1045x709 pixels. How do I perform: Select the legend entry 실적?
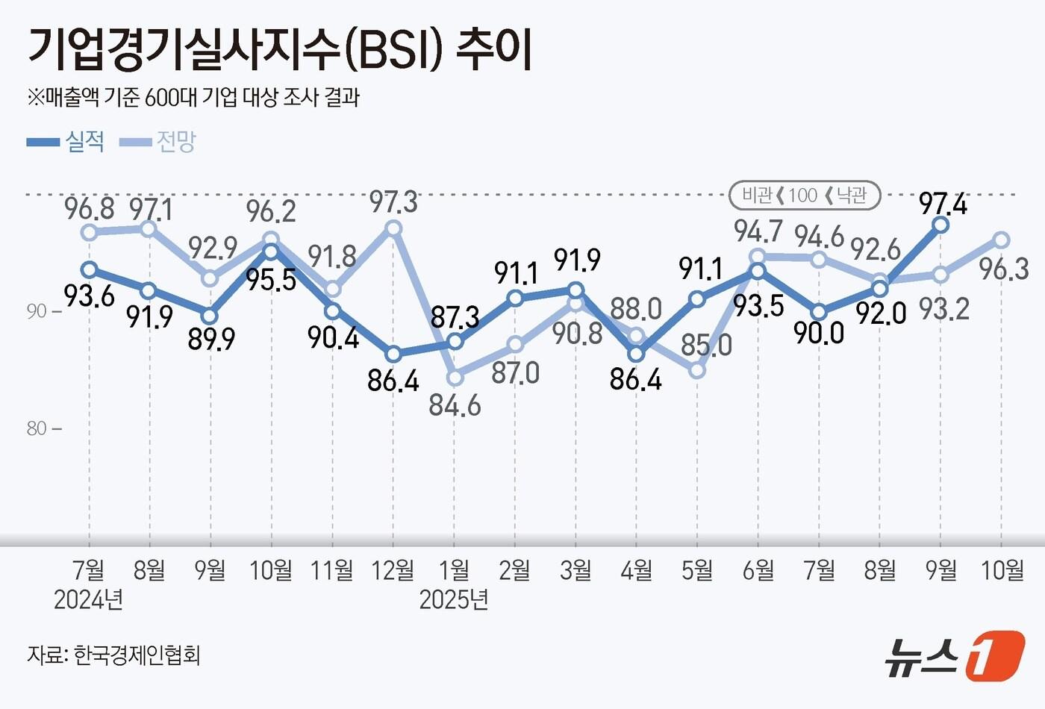(x=84, y=141)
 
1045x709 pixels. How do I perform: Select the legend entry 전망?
(x=175, y=141)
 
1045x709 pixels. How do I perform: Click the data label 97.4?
(x=943, y=204)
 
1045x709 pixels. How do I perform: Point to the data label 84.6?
(x=455, y=405)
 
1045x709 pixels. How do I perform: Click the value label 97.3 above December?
(x=393, y=202)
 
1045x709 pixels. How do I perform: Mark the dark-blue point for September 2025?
(x=940, y=225)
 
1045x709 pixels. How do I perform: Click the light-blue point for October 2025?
(x=1002, y=240)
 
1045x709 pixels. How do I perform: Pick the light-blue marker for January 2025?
(x=455, y=378)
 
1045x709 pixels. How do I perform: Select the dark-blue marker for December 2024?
(x=393, y=354)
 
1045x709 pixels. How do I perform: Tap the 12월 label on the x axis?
(x=393, y=570)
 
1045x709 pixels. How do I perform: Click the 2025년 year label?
(x=454, y=599)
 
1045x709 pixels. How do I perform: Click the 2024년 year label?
(x=88, y=599)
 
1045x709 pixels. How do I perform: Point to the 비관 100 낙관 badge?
(x=805, y=196)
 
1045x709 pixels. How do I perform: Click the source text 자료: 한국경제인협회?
(x=113, y=655)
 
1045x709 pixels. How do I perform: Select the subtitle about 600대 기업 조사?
(x=194, y=98)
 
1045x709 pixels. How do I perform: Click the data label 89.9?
(x=211, y=340)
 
